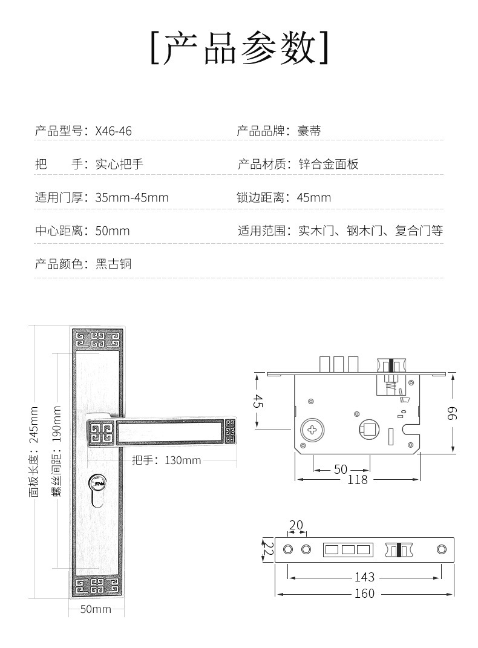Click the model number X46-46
click(113, 131)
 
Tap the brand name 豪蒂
click(309, 131)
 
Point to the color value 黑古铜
click(113, 264)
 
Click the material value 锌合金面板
click(329, 164)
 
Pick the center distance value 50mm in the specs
click(113, 231)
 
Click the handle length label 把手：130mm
click(166, 460)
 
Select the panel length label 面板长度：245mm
click(34, 451)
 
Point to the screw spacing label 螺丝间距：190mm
click(57, 451)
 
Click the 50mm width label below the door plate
click(96, 609)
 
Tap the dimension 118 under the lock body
click(358, 480)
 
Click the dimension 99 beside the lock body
click(453, 413)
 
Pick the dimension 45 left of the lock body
click(257, 401)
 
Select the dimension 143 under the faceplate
click(364, 577)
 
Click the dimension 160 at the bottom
click(364, 594)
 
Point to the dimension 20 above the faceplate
click(296, 525)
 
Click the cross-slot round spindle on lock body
click(313, 431)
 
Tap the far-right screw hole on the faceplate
click(441, 549)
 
